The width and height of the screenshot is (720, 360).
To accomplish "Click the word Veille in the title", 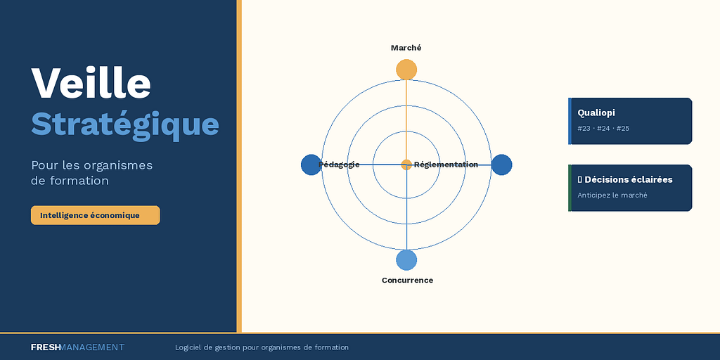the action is pos(91,83).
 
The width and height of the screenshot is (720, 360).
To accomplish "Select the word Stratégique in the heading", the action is pos(125,124).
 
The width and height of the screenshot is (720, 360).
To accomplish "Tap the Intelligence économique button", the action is pos(95,215).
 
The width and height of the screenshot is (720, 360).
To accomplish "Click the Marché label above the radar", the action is pos(406,48).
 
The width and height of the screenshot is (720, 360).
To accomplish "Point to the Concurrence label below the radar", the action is pos(407,280).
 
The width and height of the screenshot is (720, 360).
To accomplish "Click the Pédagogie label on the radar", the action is pos(339,165).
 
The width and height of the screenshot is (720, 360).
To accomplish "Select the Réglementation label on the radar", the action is pos(446,165).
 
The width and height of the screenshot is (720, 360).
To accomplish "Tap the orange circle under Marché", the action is pos(406,70).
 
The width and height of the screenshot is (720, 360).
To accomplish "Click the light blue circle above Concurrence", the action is pos(406,260).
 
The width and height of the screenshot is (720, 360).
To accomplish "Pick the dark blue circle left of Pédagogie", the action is pos(311,165).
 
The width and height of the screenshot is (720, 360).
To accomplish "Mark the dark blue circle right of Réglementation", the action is pos(501,165).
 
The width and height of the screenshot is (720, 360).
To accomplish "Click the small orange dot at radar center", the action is pos(406,165).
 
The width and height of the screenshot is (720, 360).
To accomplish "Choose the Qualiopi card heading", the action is pos(596,112).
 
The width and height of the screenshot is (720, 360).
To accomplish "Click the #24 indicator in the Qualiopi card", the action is pos(603,129).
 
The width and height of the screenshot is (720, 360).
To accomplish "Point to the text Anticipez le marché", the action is pos(612,195).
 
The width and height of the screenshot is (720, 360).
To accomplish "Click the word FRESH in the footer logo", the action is pos(46,347).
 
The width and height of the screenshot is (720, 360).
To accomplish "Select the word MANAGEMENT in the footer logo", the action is pos(92,347).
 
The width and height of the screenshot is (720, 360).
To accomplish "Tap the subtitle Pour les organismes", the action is pos(92,165).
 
